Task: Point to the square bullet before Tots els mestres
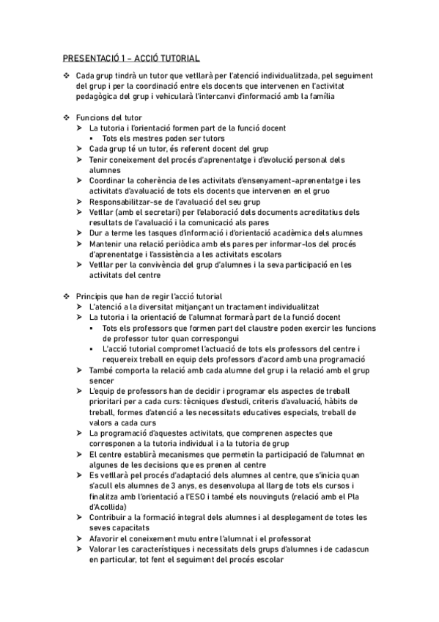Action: pyautogui.click(x=93, y=139)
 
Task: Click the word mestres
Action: pyautogui.click(x=146, y=139)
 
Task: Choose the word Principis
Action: pyautogui.click(x=94, y=296)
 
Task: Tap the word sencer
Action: pyautogui.click(x=103, y=381)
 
